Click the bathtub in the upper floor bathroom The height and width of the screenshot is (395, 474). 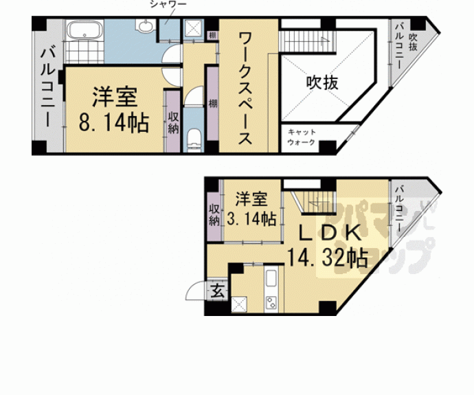point(84,30)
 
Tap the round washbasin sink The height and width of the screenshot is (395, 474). point(146,28)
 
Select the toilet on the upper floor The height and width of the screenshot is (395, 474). point(194,138)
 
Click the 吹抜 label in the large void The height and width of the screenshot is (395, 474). point(321,82)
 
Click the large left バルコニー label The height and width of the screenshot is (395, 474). point(47,85)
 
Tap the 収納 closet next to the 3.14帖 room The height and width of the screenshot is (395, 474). point(214,214)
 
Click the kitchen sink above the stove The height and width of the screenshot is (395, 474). point(271,280)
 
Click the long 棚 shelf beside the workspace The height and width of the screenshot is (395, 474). point(212,103)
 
